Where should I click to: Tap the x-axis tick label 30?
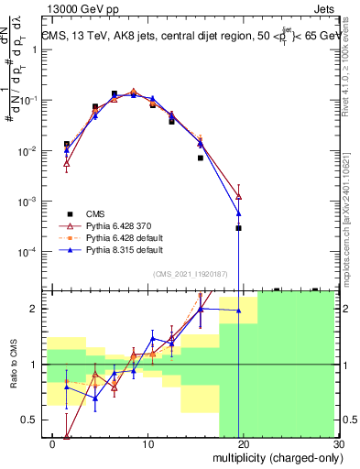coord(336,443)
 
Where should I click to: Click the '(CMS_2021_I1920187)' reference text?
coord(191,273)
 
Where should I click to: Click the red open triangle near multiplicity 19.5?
coord(238,196)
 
